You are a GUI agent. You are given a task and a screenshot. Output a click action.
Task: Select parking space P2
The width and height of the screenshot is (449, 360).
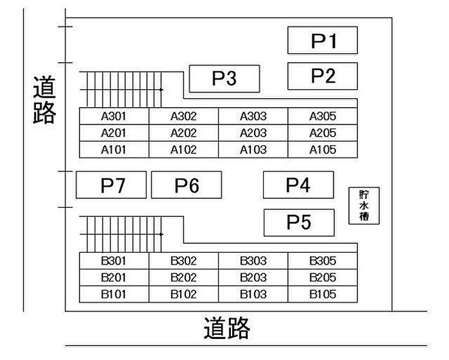pos(322,76)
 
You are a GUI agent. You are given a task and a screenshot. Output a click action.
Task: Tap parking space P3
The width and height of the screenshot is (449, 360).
pos(224,78)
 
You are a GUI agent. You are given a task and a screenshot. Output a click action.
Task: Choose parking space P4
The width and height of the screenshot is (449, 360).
pos(298,185)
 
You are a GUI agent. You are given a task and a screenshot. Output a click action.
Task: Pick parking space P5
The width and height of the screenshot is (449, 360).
pos(299,222)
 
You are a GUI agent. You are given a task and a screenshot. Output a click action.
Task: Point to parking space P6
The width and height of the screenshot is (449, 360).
pos(187,185)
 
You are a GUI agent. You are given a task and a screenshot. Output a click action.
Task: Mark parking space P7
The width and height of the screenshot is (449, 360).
pos(112,185)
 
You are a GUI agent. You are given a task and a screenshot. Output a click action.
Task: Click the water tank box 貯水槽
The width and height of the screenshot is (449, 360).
pos(364,205)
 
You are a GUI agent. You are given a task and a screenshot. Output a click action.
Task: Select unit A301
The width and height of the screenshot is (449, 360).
pos(114,116)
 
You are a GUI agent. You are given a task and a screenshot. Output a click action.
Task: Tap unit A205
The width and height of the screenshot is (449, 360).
pos(323,133)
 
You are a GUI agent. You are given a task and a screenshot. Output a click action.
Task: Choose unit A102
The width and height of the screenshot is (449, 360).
pos(183,150)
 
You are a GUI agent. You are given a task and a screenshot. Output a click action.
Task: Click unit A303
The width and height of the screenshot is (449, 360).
pos(253,116)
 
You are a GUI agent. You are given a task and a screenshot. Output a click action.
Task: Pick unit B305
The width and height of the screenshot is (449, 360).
pos(323,261)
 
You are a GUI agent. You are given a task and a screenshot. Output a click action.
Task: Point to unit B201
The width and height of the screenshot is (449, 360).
pos(114,278)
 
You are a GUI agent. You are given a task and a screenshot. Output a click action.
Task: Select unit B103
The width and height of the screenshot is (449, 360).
pos(253,295)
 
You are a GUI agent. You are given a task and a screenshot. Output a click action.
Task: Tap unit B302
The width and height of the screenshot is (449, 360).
pos(183,261)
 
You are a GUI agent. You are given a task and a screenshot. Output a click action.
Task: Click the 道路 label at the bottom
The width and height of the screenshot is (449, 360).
pos(226,329)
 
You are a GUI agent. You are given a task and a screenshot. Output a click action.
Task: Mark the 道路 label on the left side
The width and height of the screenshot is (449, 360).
pos(44,100)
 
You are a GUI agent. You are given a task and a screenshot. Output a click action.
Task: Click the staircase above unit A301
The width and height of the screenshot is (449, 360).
pos(121,89)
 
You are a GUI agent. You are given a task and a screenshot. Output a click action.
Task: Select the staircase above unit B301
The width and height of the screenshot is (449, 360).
pos(121,234)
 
